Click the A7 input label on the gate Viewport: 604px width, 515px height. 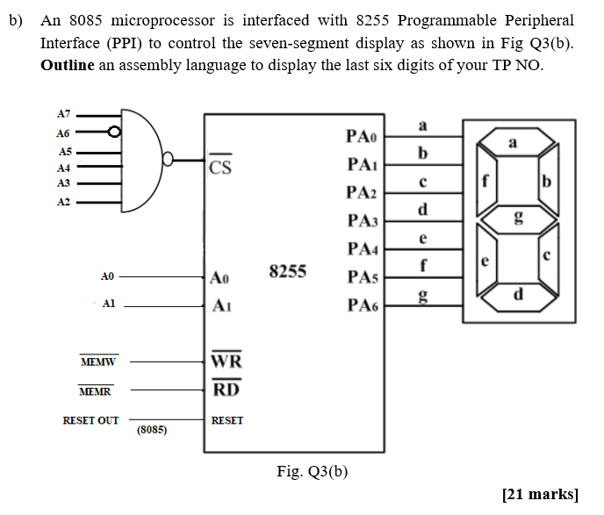(62, 114)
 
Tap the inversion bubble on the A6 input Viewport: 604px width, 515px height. (113, 133)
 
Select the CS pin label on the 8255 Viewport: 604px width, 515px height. (220, 167)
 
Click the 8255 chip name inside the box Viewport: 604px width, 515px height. (287, 272)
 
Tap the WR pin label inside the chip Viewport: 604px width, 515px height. (226, 361)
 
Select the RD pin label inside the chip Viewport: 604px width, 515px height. (225, 389)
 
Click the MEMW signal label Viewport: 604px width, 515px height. (98, 361)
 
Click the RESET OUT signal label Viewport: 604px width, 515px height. (90, 421)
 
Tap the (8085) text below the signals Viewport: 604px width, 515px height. (153, 431)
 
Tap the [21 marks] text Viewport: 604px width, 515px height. (540, 494)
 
